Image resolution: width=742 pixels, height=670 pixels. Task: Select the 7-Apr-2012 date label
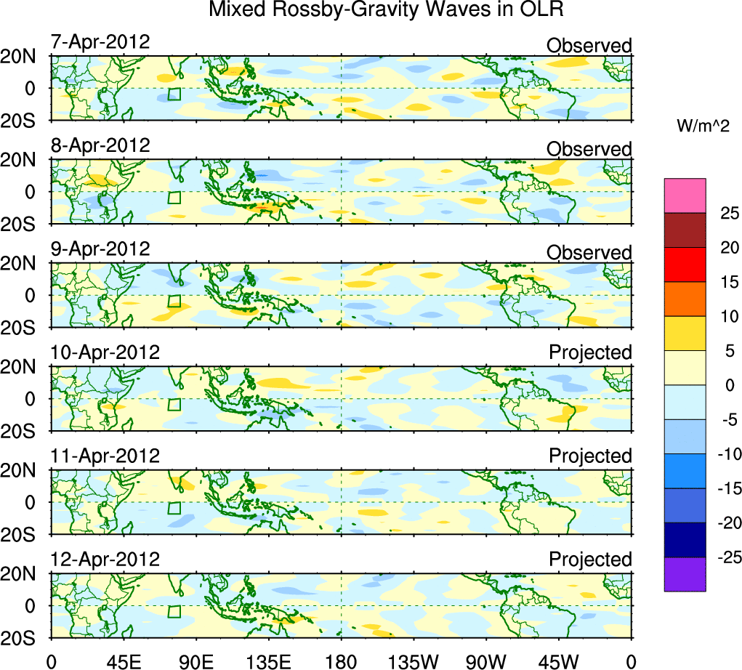(x=100, y=41)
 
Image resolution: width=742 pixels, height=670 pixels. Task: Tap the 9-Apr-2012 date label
(x=100, y=249)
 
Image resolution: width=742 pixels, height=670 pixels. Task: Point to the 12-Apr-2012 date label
(x=105, y=560)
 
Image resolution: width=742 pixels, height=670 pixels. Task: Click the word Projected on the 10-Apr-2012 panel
(x=590, y=352)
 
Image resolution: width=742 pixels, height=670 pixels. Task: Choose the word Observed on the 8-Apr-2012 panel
(x=589, y=149)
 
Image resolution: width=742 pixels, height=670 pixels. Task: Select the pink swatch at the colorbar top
(x=685, y=195)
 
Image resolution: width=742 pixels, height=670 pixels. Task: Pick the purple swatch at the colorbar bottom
(x=685, y=574)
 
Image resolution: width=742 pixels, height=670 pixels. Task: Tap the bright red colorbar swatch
(x=685, y=265)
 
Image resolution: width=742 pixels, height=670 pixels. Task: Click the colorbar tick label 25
(x=728, y=213)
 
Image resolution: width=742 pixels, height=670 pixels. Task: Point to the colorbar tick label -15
(x=725, y=488)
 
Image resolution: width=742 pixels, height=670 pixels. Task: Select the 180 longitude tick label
(x=341, y=661)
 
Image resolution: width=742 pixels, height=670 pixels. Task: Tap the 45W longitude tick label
(x=559, y=661)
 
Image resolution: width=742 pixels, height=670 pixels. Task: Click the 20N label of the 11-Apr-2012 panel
(x=25, y=471)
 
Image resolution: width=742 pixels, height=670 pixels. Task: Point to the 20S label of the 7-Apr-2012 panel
(x=25, y=120)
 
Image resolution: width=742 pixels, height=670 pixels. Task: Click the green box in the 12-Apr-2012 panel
(x=174, y=611)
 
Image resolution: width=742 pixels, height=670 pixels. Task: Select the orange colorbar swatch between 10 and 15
(x=685, y=299)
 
